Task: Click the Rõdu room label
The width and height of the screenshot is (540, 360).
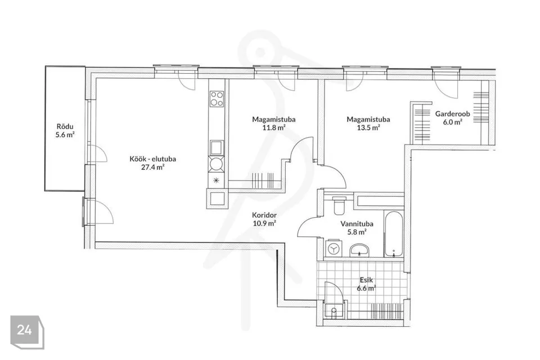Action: [x=65, y=127]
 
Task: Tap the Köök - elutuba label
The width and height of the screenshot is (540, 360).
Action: [x=153, y=159]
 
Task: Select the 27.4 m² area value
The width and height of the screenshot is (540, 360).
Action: [x=153, y=168]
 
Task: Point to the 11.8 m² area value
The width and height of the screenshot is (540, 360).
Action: [x=274, y=128]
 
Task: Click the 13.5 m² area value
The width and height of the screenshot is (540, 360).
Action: [x=368, y=128]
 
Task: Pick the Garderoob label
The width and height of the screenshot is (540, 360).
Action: [x=452, y=114]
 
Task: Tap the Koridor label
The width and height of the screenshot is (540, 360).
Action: [x=264, y=215]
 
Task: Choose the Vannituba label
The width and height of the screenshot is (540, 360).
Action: [x=357, y=223]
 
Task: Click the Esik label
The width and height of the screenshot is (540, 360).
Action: [x=366, y=280]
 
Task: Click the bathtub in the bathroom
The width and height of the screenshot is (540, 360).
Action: [x=393, y=234]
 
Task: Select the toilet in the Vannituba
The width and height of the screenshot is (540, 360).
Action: [x=339, y=205]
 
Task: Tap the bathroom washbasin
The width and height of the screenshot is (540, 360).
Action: [x=359, y=250]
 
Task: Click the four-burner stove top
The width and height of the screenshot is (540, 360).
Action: [x=217, y=98]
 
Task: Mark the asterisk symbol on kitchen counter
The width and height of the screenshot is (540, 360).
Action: [x=216, y=180]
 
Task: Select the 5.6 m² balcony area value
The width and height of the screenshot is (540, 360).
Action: [x=65, y=134]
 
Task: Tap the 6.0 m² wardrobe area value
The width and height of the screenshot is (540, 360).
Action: [x=452, y=122]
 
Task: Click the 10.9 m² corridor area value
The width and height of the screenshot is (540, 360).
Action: [x=264, y=223]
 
